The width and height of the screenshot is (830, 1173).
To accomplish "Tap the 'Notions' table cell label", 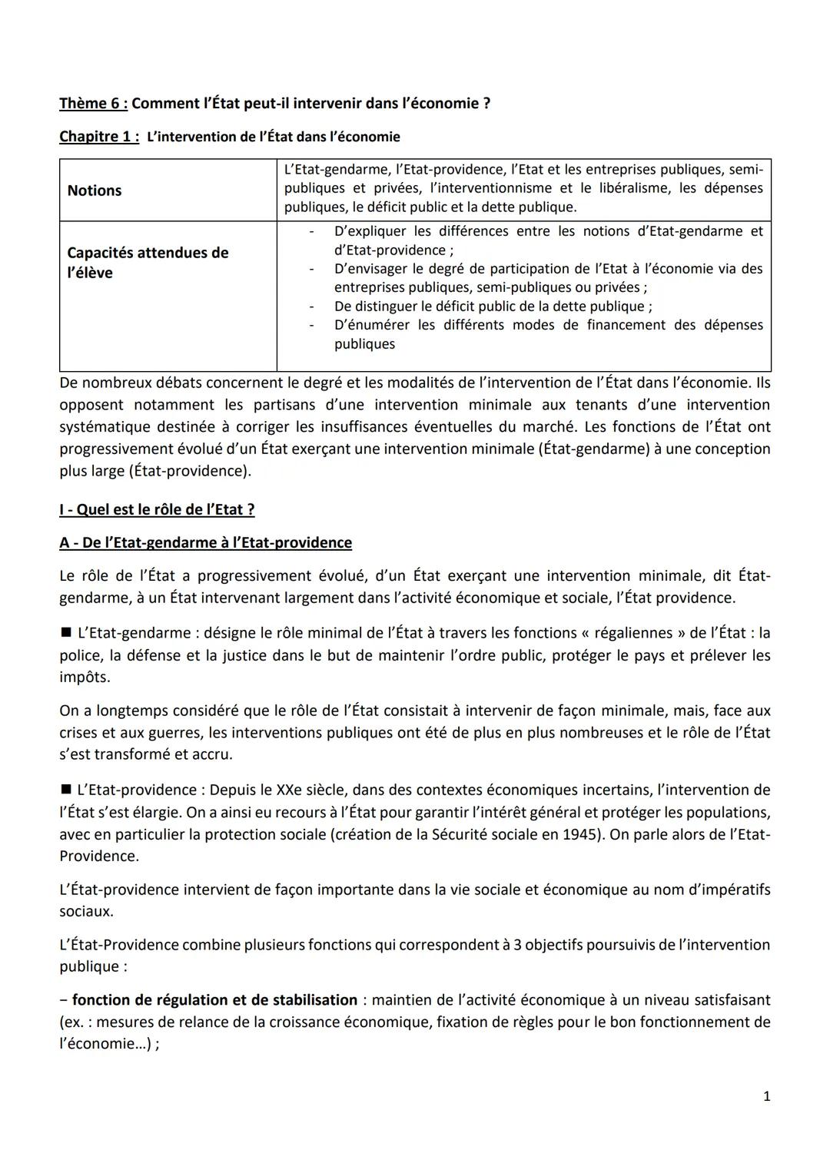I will (95, 191).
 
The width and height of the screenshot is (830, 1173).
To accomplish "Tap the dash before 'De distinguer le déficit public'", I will (311, 307).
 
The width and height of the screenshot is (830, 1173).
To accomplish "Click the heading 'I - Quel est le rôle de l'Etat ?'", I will (157, 509).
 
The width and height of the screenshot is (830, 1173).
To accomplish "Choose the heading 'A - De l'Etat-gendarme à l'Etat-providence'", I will (205, 542).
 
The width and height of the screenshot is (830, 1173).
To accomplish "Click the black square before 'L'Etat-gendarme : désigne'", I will (65, 633).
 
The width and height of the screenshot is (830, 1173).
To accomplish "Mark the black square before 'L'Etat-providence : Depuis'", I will (65, 790).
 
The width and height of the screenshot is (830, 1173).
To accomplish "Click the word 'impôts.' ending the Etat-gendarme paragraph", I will (85, 677).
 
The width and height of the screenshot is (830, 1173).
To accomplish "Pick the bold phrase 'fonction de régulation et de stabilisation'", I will (214, 1000).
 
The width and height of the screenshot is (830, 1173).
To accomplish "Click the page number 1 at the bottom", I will (766, 1097).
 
